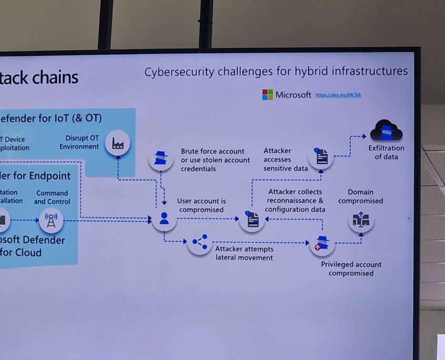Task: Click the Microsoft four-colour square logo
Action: (268, 95)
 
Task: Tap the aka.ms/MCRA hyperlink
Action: (338, 95)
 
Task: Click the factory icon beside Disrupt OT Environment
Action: (117, 143)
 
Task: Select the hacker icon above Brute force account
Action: (161, 157)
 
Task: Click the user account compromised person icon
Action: (164, 218)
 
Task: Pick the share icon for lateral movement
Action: (200, 242)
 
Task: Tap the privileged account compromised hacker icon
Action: (322, 243)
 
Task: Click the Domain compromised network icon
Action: (361, 219)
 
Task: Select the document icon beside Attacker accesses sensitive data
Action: (321, 156)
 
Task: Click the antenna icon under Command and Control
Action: (51, 220)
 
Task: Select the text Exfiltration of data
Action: (386, 152)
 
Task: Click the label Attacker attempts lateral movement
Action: (244, 253)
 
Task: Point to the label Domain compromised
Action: (361, 196)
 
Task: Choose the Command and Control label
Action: (52, 197)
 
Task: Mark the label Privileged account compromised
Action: (351, 268)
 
